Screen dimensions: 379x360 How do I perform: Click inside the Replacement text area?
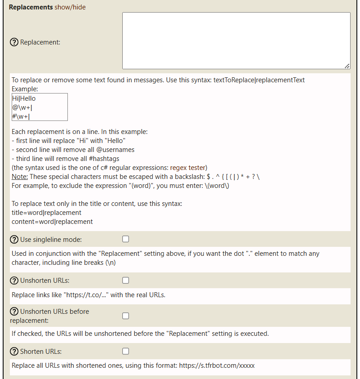coord(236,40)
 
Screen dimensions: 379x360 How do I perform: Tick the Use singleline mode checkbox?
coord(126,239)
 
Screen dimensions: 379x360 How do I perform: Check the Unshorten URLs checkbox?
coord(126,281)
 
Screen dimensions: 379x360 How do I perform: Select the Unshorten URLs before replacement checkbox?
coord(126,316)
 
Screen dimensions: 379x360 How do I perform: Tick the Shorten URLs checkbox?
coord(126,351)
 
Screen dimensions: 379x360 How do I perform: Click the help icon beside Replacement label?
coord(14,42)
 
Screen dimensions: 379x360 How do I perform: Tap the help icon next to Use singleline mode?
coord(14,239)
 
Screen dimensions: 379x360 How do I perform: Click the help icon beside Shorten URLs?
coord(14,351)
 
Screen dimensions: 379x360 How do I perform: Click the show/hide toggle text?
coord(70,7)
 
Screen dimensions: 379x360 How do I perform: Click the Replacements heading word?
coord(31,7)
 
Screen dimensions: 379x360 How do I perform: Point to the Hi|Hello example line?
coord(24,98)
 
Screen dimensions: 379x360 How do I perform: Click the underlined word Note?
coord(20,177)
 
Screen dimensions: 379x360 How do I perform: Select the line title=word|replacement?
coord(46,213)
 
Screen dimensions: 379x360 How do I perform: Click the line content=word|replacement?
coord(52,222)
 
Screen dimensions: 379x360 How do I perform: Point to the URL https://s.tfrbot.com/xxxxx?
coord(217,366)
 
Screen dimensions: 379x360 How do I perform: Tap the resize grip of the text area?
coord(347,66)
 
